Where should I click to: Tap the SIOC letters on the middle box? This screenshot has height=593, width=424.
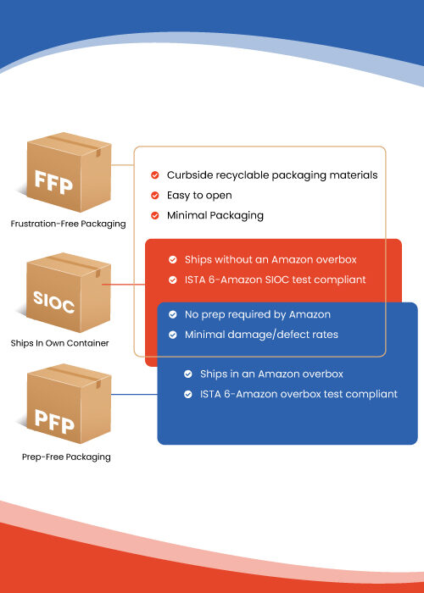(x=53, y=302)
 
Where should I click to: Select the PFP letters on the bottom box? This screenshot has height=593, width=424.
(x=54, y=422)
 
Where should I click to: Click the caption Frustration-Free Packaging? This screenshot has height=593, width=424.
(x=68, y=224)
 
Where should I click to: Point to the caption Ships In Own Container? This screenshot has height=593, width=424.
(x=60, y=343)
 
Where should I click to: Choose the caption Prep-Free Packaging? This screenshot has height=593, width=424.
(x=66, y=457)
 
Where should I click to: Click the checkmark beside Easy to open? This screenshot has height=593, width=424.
(x=155, y=196)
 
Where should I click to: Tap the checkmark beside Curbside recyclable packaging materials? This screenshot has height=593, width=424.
(x=155, y=175)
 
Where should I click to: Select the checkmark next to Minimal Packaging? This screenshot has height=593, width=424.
(x=155, y=215)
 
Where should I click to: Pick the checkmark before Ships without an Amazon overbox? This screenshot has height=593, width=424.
(x=173, y=260)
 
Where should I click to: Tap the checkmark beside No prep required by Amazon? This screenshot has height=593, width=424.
(x=173, y=314)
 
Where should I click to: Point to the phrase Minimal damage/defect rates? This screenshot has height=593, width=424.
(x=261, y=335)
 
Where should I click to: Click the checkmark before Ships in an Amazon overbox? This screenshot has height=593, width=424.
(x=188, y=374)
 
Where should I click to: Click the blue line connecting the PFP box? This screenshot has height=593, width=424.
(x=134, y=395)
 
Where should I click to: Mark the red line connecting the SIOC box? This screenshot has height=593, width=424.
(x=124, y=284)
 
